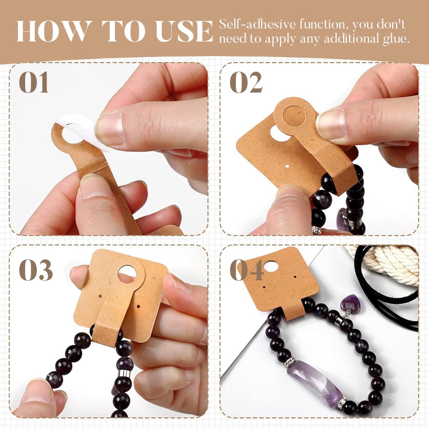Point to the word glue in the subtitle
(x=395, y=39)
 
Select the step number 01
(x=34, y=83)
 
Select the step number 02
(x=246, y=83)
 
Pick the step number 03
(x=36, y=270)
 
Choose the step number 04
(x=247, y=270)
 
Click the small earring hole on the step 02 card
(x=287, y=166)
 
